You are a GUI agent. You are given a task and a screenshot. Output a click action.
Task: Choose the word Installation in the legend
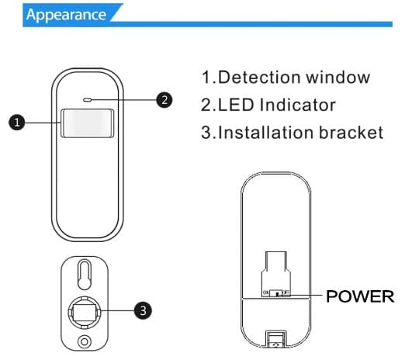pyautogui.click(x=266, y=132)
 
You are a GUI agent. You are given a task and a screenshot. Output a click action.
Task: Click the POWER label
pyautogui.click(x=361, y=296)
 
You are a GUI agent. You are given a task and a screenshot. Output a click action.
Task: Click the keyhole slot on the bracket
pyautogui.click(x=85, y=274)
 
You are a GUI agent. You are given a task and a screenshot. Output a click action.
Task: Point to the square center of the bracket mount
pyautogui.click(x=85, y=310)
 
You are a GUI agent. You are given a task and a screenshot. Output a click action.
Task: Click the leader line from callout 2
pyautogui.click(x=124, y=100)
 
